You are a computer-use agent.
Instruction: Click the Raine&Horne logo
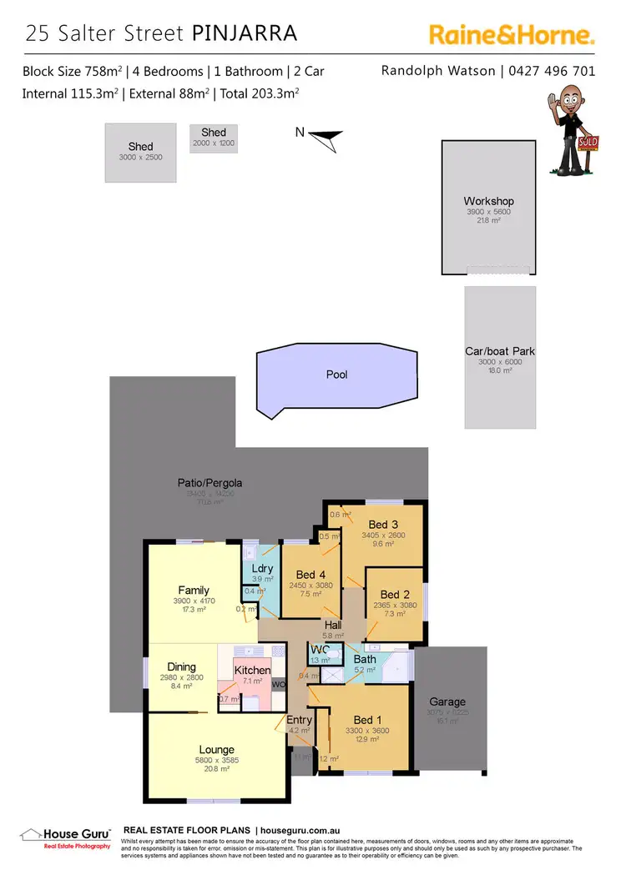[512, 35]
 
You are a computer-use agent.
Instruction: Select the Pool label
[336, 375]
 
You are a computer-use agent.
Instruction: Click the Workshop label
[488, 201]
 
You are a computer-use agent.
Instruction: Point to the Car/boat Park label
[500, 351]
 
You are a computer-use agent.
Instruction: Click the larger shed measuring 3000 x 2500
[140, 152]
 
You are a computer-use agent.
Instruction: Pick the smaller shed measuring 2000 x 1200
[214, 138]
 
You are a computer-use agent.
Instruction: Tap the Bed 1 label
[368, 721]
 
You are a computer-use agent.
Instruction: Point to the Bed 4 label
[305, 574]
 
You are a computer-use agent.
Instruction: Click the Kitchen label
[252, 670]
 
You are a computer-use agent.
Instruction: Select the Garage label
[447, 701]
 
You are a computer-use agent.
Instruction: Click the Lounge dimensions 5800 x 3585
[216, 761]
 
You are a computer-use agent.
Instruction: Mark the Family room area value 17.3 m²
[193, 611]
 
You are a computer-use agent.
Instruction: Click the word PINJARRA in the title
[244, 33]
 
